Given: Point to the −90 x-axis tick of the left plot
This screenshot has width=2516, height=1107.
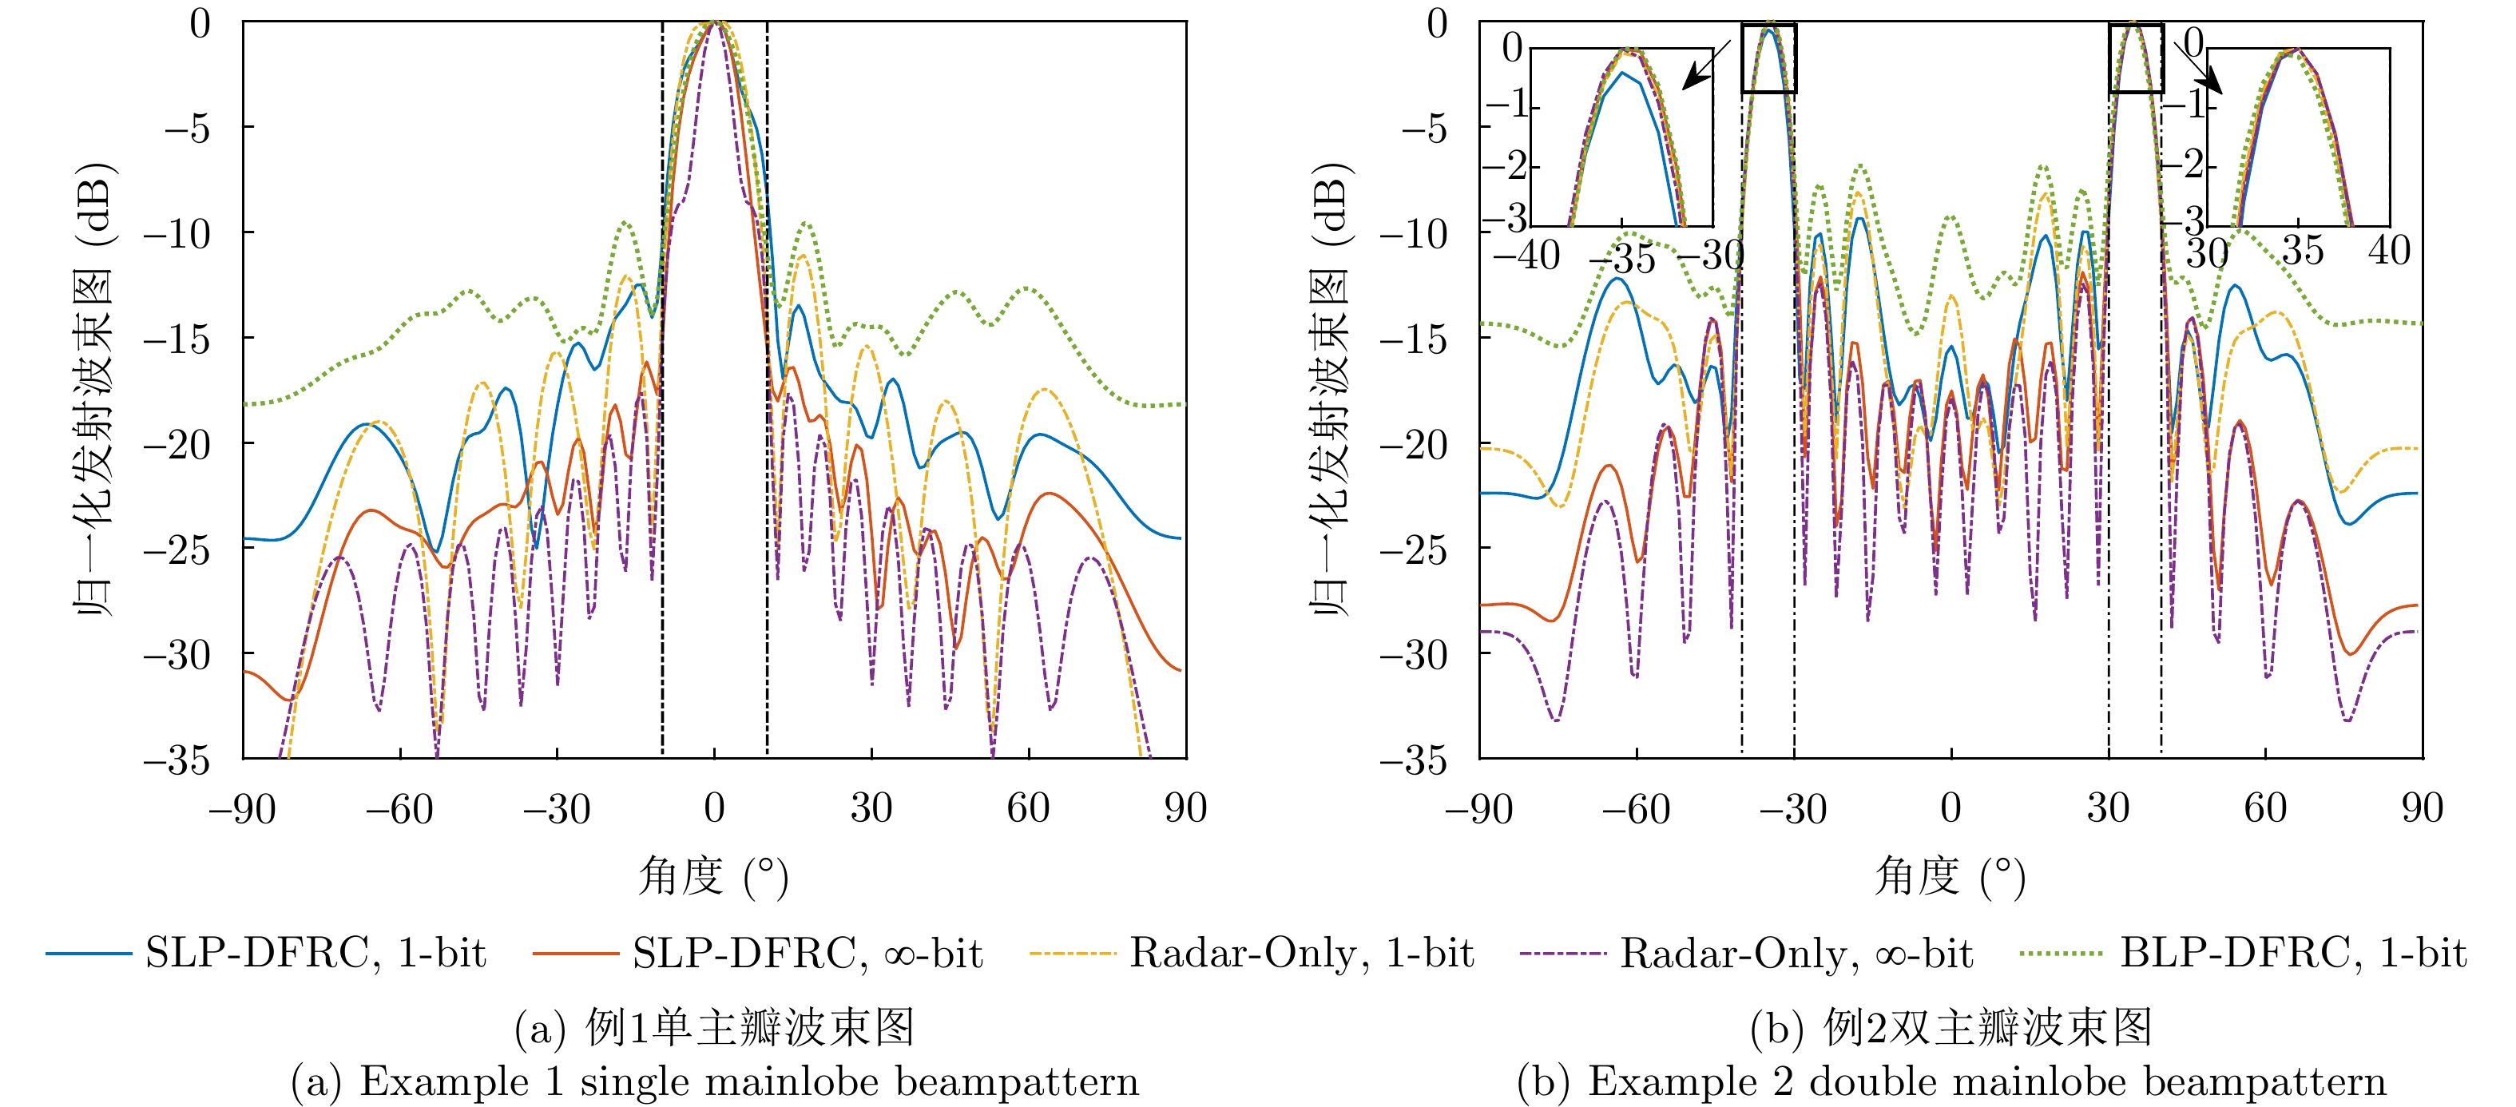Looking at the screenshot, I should click(242, 809).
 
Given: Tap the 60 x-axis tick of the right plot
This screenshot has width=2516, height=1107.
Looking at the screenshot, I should click(2264, 809).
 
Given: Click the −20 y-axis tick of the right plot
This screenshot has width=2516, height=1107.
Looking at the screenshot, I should click(1413, 445).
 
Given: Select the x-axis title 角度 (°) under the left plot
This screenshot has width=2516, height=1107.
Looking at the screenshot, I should click(713, 875).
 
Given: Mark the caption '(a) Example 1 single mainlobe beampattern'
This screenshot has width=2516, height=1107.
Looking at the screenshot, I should click(714, 1081).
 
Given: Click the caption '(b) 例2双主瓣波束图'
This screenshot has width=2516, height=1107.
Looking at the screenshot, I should click(1950, 1028).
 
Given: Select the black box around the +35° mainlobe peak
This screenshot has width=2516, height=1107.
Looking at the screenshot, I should click(2135, 58).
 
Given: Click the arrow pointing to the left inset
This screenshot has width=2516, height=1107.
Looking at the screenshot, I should click(1704, 66).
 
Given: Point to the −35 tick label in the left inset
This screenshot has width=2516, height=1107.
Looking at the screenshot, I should click(1623, 259).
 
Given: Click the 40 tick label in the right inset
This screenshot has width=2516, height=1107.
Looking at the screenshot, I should click(2389, 251).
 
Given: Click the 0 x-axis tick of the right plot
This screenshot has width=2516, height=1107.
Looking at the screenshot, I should click(1950, 809).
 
